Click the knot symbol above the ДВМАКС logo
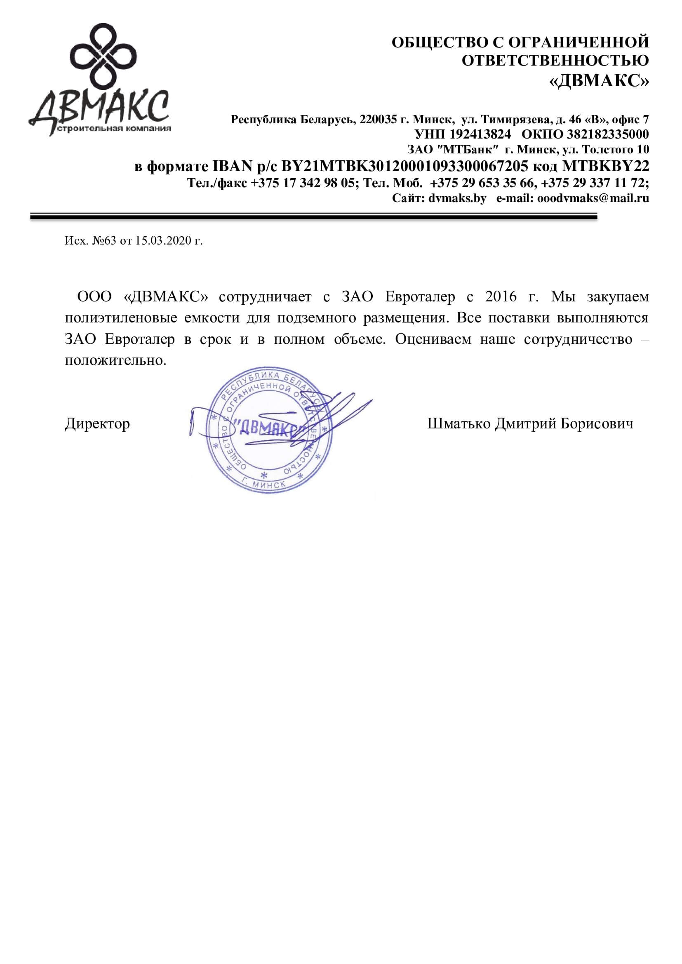point(103,56)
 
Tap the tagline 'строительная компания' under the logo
point(114,129)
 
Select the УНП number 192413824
point(480,134)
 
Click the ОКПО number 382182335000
point(608,134)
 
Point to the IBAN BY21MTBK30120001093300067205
point(404,166)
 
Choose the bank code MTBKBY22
point(606,166)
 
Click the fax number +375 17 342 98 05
point(303,183)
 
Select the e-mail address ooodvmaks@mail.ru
point(593,198)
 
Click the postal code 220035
point(378,120)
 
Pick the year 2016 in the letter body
point(501,297)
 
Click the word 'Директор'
point(97,423)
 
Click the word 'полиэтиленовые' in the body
point(120,318)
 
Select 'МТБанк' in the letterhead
point(468,150)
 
